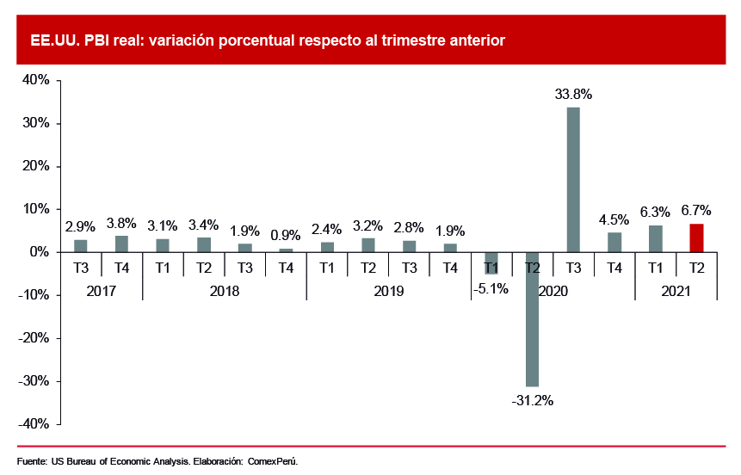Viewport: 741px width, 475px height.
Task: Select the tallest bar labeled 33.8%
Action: [x=573, y=179]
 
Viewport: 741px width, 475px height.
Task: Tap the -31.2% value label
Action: [x=532, y=400]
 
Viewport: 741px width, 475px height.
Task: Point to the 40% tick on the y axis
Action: [x=35, y=80]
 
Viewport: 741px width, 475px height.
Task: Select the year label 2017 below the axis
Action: [x=102, y=291]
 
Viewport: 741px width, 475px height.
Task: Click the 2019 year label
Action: [x=389, y=291]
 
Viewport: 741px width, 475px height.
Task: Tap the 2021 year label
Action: [x=676, y=291]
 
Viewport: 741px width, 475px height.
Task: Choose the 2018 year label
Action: [x=225, y=291]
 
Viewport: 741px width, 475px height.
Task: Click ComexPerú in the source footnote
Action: [x=273, y=461]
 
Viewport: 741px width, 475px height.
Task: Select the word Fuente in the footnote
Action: [x=31, y=461]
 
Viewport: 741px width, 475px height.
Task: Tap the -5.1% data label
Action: [x=491, y=289]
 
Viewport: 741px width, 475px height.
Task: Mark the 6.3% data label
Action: [x=655, y=210]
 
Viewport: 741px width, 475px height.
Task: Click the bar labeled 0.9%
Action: [x=286, y=250]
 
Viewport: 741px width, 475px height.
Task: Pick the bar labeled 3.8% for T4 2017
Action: [x=121, y=244]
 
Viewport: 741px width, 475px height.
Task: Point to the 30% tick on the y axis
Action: [x=35, y=123]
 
